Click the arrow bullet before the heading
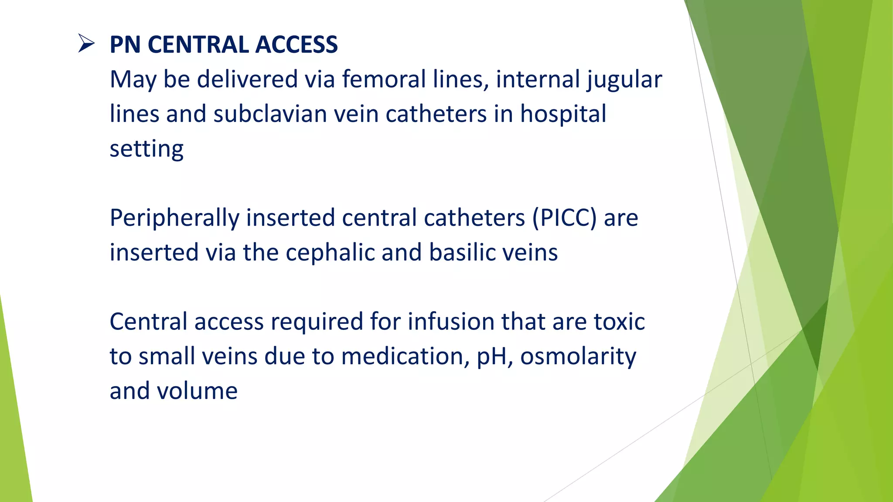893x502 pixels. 86,44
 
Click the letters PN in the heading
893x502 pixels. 125,45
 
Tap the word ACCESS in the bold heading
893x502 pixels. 296,45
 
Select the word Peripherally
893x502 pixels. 174,218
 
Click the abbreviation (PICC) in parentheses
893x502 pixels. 564,218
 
